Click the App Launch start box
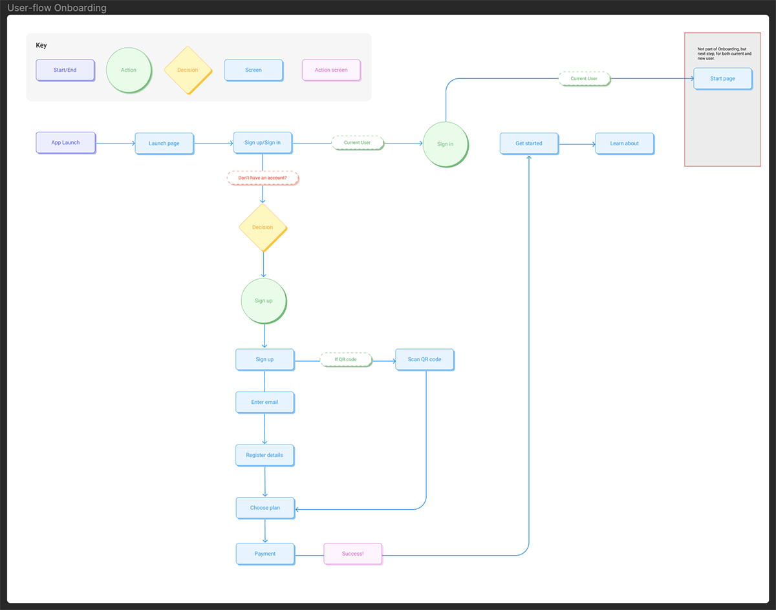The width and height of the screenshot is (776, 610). tap(65, 143)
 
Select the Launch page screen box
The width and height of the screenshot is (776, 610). tap(164, 143)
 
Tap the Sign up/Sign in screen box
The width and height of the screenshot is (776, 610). tap(263, 143)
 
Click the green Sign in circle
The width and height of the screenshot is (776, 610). tap(445, 144)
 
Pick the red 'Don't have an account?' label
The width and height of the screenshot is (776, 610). tap(263, 178)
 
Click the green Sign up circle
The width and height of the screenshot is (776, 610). tap(263, 300)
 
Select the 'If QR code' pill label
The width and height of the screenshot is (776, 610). tap(346, 359)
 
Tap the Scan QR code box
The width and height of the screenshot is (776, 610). tap(424, 359)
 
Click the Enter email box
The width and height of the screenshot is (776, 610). tap(264, 402)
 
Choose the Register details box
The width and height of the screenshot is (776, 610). tap(264, 455)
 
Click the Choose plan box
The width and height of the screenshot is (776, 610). tap(265, 508)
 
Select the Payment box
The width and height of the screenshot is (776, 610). tap(265, 554)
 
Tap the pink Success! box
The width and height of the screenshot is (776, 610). tap(352, 554)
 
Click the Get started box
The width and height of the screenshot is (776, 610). tap(529, 143)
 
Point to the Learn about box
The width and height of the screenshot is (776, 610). tap(624, 143)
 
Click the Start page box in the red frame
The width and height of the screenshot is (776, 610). tap(722, 79)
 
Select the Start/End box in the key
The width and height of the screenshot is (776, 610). tap(65, 70)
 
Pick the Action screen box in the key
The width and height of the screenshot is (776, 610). tap(331, 70)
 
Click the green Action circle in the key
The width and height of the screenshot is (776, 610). tap(129, 70)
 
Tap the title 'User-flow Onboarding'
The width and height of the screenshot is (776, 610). tap(57, 8)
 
